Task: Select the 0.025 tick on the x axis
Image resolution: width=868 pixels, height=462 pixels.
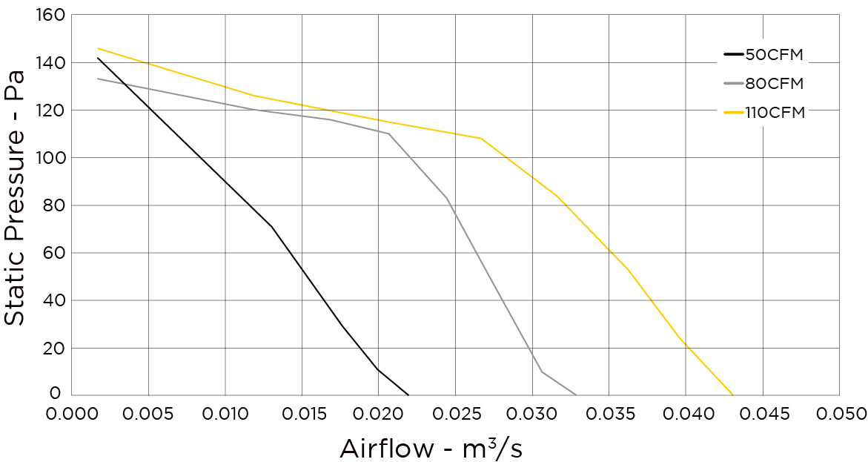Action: point(455,412)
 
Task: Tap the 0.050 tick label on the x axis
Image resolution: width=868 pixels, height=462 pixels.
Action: point(838,412)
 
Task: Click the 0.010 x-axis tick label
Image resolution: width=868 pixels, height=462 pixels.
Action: point(225,412)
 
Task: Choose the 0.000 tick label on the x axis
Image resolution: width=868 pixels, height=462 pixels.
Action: point(72,412)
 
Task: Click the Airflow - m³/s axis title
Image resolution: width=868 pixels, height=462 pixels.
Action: point(431,447)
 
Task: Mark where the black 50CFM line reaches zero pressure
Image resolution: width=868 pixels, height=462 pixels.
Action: point(408,395)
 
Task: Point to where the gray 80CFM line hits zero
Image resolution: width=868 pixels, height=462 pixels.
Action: point(577,395)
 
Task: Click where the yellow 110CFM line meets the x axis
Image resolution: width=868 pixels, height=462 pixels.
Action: point(733,395)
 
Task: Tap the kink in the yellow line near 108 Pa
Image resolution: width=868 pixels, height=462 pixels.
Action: point(481,138)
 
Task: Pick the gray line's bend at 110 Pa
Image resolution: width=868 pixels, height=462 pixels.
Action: point(388,133)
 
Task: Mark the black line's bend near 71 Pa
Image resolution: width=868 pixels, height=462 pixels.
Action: point(272,226)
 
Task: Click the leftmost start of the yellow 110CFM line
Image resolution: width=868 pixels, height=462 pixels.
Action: point(98,48)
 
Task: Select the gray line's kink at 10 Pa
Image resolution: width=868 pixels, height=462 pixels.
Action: point(542,372)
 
